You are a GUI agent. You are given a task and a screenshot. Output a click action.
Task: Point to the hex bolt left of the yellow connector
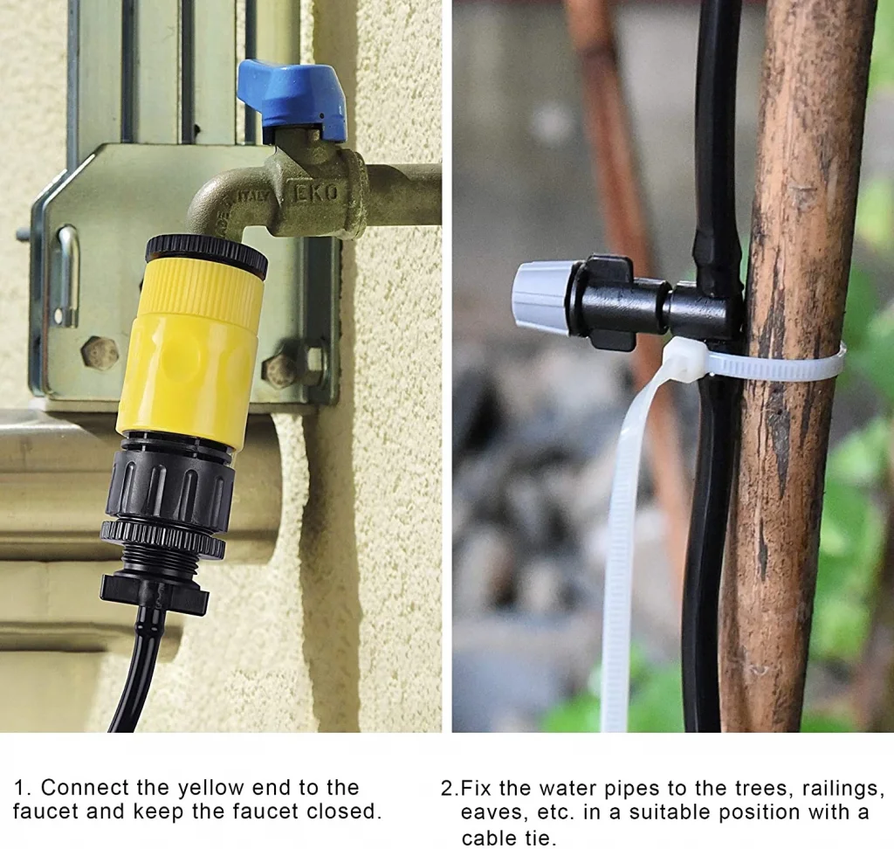(x=100, y=353)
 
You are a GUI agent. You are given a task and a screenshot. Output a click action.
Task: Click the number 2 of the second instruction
(x=447, y=788)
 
